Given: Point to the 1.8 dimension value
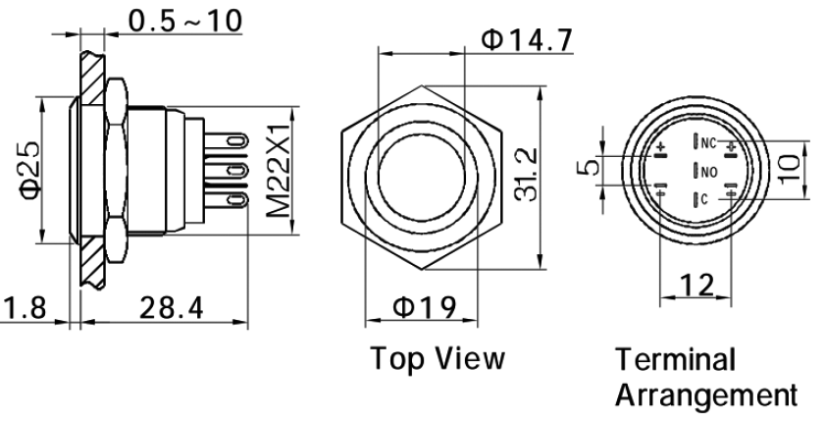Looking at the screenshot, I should click(x=21, y=307).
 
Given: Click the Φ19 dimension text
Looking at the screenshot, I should click(x=424, y=307).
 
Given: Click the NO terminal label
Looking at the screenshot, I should click(x=709, y=171).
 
